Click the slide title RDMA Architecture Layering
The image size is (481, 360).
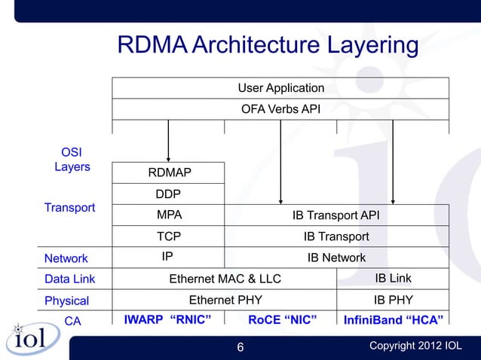268,45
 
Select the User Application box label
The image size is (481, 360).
280,88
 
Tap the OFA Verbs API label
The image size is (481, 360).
280,109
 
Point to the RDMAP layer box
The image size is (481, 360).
169,173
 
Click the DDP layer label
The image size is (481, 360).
168,194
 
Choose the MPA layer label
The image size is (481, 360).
169,215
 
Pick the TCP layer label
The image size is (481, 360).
169,236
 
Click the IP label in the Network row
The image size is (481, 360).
168,257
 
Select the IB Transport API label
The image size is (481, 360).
335,216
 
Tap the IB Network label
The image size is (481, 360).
335,258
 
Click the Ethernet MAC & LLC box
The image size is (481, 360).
225,279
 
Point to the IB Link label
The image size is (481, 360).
393,279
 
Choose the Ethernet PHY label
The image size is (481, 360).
225,300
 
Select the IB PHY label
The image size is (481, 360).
393,300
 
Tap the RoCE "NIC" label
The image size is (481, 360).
281,320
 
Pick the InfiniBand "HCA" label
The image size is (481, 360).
393,320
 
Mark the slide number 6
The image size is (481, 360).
240,346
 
